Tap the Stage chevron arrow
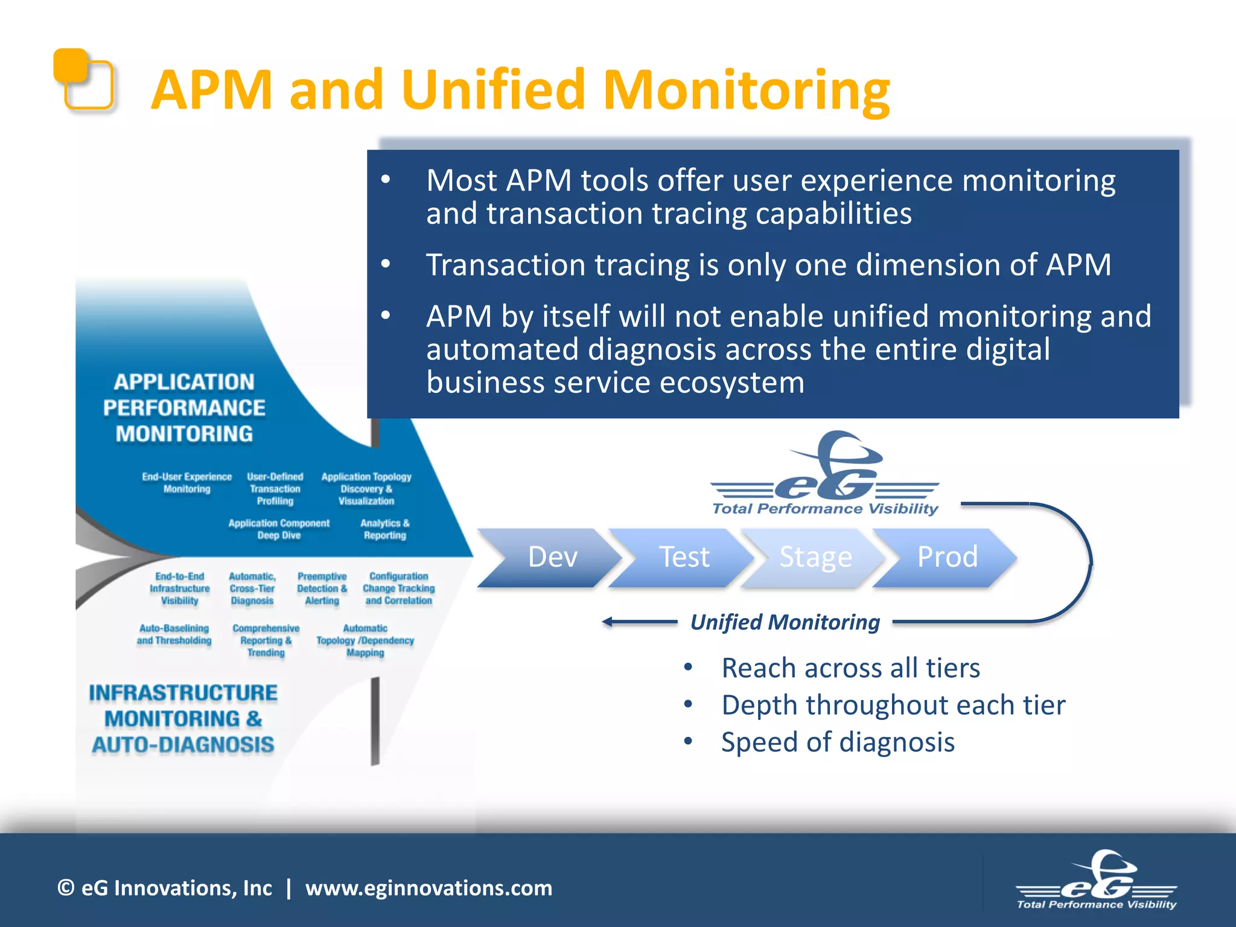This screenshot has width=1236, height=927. [x=815, y=557]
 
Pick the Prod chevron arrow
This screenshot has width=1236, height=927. [x=946, y=557]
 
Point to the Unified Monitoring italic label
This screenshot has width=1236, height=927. [x=785, y=622]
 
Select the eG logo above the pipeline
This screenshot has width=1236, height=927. [x=826, y=474]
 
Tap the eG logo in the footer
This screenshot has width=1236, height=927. [x=1097, y=881]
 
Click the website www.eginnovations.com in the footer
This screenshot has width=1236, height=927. [x=428, y=888]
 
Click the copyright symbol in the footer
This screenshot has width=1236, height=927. [x=66, y=888]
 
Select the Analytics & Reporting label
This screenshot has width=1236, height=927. [x=384, y=529]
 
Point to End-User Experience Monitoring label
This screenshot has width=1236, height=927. [x=186, y=483]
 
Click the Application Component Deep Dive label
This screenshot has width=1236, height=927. [x=279, y=529]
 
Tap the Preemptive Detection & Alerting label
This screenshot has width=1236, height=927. [x=322, y=588]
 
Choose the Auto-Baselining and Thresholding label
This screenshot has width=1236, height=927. [x=174, y=634]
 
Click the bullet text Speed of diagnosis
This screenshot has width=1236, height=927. [x=838, y=742]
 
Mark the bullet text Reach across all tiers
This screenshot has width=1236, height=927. [x=850, y=668]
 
